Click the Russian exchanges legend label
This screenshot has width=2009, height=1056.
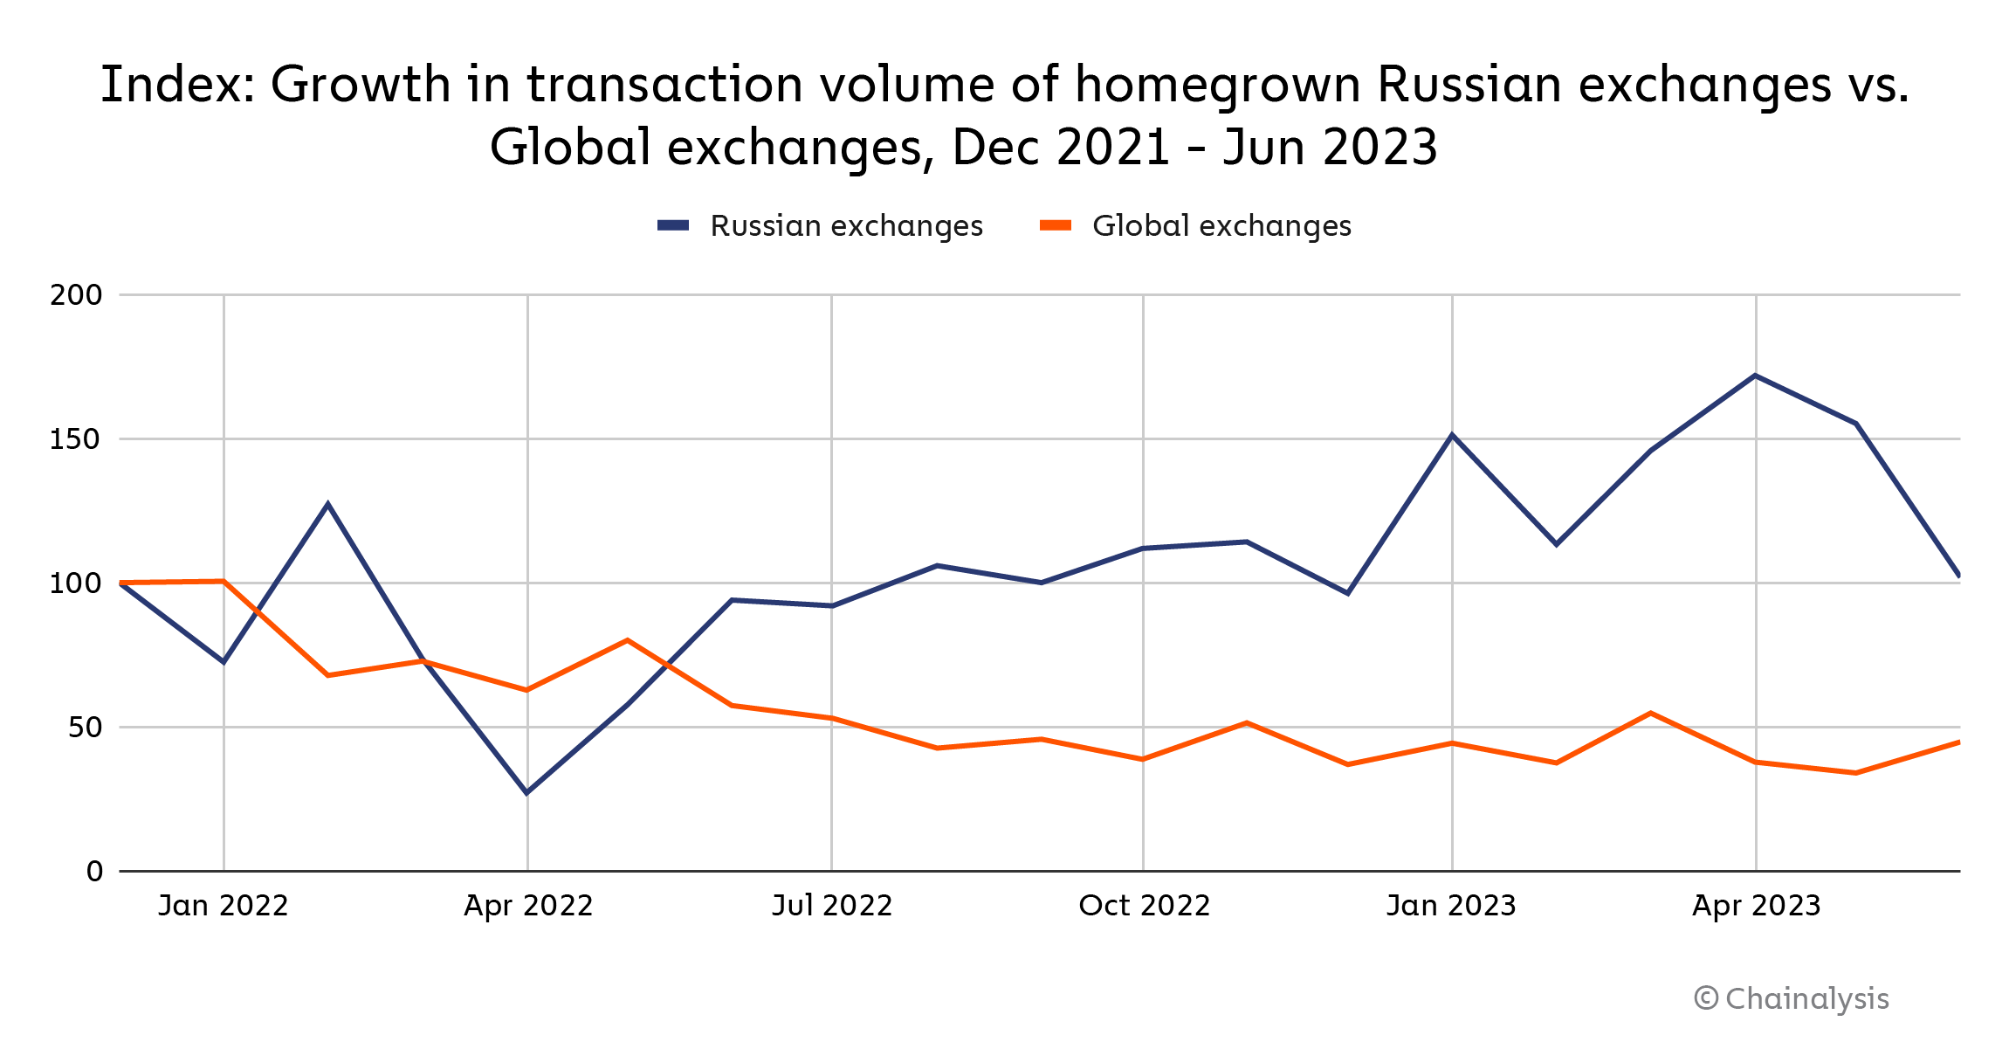tap(846, 226)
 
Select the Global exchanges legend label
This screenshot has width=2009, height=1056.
tap(1221, 226)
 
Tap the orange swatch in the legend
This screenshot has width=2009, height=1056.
tap(1055, 226)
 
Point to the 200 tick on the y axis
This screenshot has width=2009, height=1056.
tap(77, 295)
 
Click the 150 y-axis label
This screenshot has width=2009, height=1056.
tap(76, 439)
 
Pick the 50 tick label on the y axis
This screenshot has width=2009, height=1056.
tap(86, 728)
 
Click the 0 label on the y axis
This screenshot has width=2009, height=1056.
tap(94, 872)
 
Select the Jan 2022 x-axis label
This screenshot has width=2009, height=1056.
tap(224, 906)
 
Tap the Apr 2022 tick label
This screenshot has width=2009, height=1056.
tap(528, 906)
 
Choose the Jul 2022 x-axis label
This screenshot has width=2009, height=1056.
tap(832, 906)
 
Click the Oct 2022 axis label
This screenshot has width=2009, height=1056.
tap(1145, 906)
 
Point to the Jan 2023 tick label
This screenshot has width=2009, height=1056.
tap(1451, 906)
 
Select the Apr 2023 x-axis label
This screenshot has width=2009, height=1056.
tap(1756, 906)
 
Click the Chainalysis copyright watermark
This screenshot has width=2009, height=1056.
tap(1792, 998)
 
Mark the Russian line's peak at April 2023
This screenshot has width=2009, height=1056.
tap(1756, 376)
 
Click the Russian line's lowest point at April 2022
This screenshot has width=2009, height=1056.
tap(526, 792)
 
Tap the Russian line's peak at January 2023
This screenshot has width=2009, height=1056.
tap(1452, 435)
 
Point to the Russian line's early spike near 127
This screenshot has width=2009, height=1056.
tap(327, 504)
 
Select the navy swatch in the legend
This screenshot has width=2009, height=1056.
tap(673, 226)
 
